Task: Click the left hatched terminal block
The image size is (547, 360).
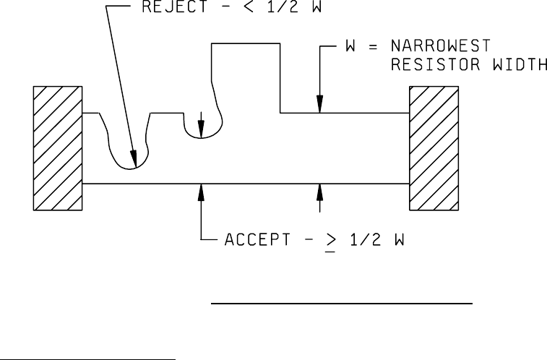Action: (x=59, y=148)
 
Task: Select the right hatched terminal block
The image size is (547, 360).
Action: (x=434, y=148)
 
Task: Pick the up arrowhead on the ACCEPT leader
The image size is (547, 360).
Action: (x=202, y=190)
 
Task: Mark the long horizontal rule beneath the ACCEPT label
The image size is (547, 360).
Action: (x=341, y=305)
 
